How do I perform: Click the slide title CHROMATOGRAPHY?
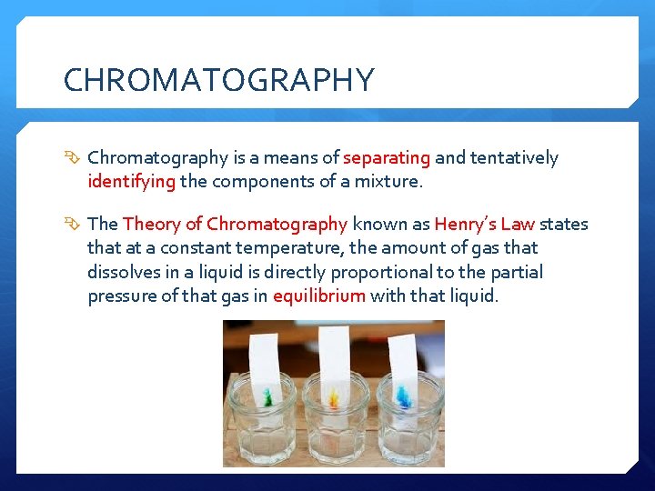click(218, 80)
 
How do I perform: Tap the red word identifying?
click(131, 181)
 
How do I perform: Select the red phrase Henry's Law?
click(484, 224)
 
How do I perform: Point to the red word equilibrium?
click(318, 296)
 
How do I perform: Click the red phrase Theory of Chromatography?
click(235, 224)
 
